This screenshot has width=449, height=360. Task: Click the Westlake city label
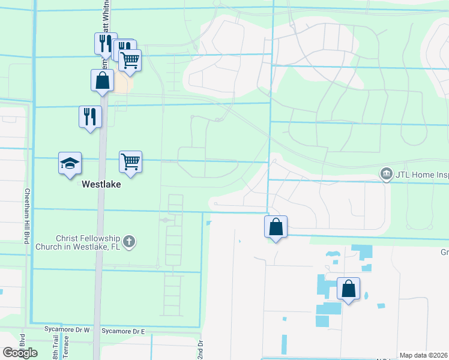point(101,185)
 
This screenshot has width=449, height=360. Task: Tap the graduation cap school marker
point(70,163)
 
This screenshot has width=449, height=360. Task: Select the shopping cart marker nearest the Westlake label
point(130,161)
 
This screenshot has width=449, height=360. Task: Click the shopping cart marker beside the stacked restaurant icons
point(130,60)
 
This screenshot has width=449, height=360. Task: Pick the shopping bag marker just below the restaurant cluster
point(102,80)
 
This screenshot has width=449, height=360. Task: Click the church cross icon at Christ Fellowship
point(128,242)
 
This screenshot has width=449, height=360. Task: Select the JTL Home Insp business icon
point(387,174)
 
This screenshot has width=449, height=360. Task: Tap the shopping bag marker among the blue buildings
point(348,289)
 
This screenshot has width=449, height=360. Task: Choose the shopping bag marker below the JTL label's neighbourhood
point(276,227)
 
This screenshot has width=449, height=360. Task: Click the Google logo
point(20,353)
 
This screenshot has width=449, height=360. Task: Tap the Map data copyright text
point(423,355)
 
